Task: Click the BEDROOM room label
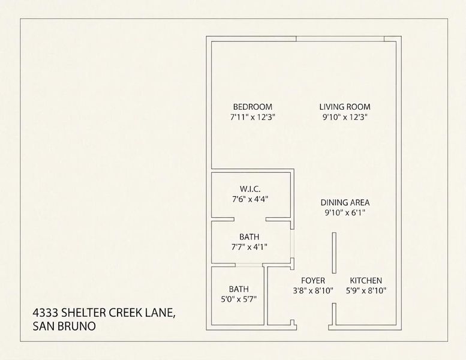pyautogui.click(x=252, y=107)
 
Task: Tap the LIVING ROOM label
pyautogui.click(x=345, y=107)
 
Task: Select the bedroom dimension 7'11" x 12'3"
pyautogui.click(x=253, y=117)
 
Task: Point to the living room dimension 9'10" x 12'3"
pyautogui.click(x=345, y=117)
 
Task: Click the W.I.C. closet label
pyautogui.click(x=250, y=189)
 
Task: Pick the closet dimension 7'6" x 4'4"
pyautogui.click(x=250, y=199)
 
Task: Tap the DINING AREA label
pyautogui.click(x=345, y=202)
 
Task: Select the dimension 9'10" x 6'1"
pyautogui.click(x=345, y=213)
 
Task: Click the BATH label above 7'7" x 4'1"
pyautogui.click(x=249, y=237)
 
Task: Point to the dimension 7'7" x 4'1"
pyautogui.click(x=249, y=247)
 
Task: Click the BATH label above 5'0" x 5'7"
pyautogui.click(x=239, y=289)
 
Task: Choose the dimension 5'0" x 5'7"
pyautogui.click(x=239, y=299)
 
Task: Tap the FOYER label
pyautogui.click(x=313, y=280)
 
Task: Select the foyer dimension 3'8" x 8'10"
pyautogui.click(x=313, y=291)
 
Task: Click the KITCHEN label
pyautogui.click(x=366, y=280)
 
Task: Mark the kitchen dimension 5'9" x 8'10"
pyautogui.click(x=366, y=291)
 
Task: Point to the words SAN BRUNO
pyautogui.click(x=64, y=326)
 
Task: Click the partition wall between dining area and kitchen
pyautogui.click(x=334, y=253)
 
